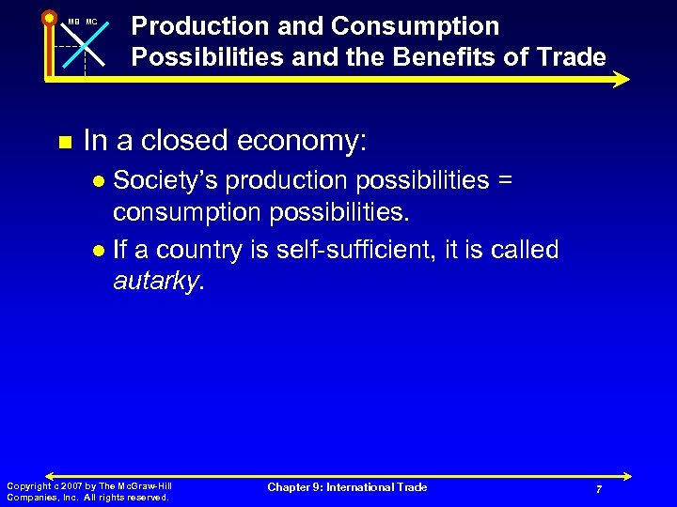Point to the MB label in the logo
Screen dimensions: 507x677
click(72, 21)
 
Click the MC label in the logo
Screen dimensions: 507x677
click(91, 21)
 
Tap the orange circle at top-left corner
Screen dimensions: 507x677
click(49, 17)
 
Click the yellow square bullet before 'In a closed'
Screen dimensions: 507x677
click(64, 143)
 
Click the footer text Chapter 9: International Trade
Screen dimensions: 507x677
click(347, 487)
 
